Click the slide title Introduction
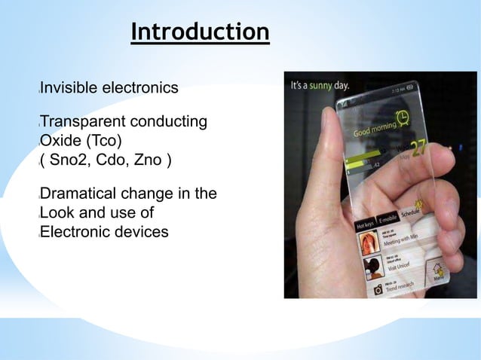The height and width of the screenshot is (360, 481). [200, 32]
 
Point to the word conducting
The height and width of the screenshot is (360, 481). [169, 123]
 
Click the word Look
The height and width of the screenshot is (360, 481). [57, 213]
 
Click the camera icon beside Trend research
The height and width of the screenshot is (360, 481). [378, 288]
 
